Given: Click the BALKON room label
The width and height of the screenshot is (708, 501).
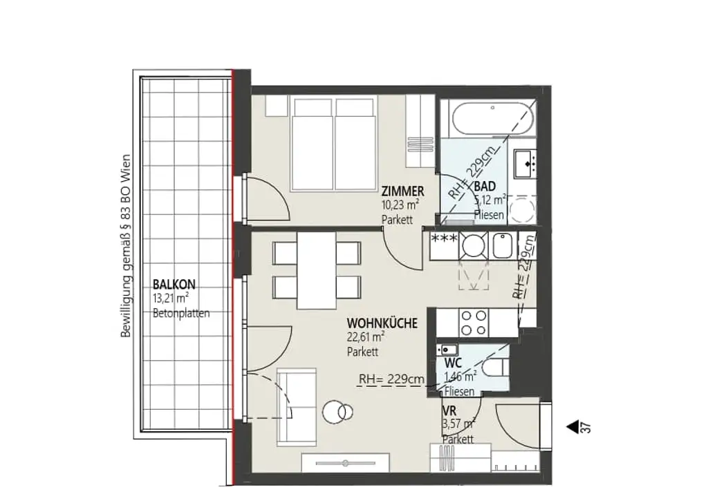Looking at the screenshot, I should (174, 283).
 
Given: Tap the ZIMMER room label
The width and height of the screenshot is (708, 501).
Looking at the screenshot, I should (402, 191).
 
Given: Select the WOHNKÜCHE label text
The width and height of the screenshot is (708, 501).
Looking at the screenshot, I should (382, 323).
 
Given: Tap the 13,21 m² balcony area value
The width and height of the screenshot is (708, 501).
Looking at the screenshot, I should (171, 298).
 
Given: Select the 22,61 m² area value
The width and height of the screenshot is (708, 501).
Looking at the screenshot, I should (366, 337).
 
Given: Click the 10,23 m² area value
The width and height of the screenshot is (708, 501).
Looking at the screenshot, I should (400, 205).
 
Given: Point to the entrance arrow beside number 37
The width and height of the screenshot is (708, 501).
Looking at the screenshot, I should (572, 428).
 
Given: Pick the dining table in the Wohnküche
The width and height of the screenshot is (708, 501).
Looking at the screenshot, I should (317, 270).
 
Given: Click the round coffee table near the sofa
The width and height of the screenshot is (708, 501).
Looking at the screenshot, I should (340, 412).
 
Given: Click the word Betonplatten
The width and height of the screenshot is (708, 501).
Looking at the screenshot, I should (180, 313).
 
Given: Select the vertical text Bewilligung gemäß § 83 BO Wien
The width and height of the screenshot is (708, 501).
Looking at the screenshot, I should (126, 245).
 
